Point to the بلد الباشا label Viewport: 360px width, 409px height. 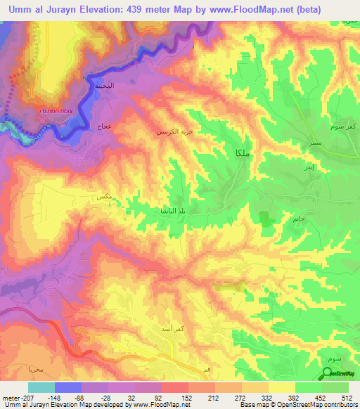(x=172, y=210)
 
